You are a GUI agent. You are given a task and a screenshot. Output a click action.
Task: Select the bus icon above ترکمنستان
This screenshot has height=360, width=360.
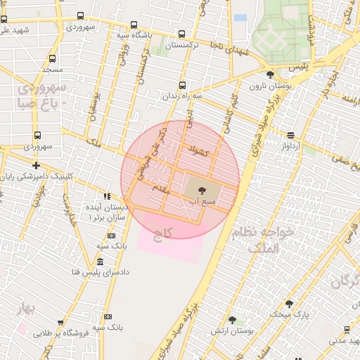coord(182,34)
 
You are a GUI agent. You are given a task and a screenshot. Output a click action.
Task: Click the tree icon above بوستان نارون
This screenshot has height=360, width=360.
coord(270,75)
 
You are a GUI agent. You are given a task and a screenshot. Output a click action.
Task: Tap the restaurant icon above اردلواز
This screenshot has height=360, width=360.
coord(290,135)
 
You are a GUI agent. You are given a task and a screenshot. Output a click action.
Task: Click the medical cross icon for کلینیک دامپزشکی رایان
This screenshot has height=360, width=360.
coord(36,165)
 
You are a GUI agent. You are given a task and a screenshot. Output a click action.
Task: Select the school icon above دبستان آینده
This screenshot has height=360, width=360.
coord(107,196)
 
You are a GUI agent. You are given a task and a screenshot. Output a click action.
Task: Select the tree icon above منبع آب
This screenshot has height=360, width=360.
coord(202,190)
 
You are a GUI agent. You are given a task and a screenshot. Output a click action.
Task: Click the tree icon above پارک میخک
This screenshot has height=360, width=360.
coord(289,304)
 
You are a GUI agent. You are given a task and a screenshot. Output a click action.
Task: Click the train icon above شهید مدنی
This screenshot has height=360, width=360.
coord(347,329)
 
